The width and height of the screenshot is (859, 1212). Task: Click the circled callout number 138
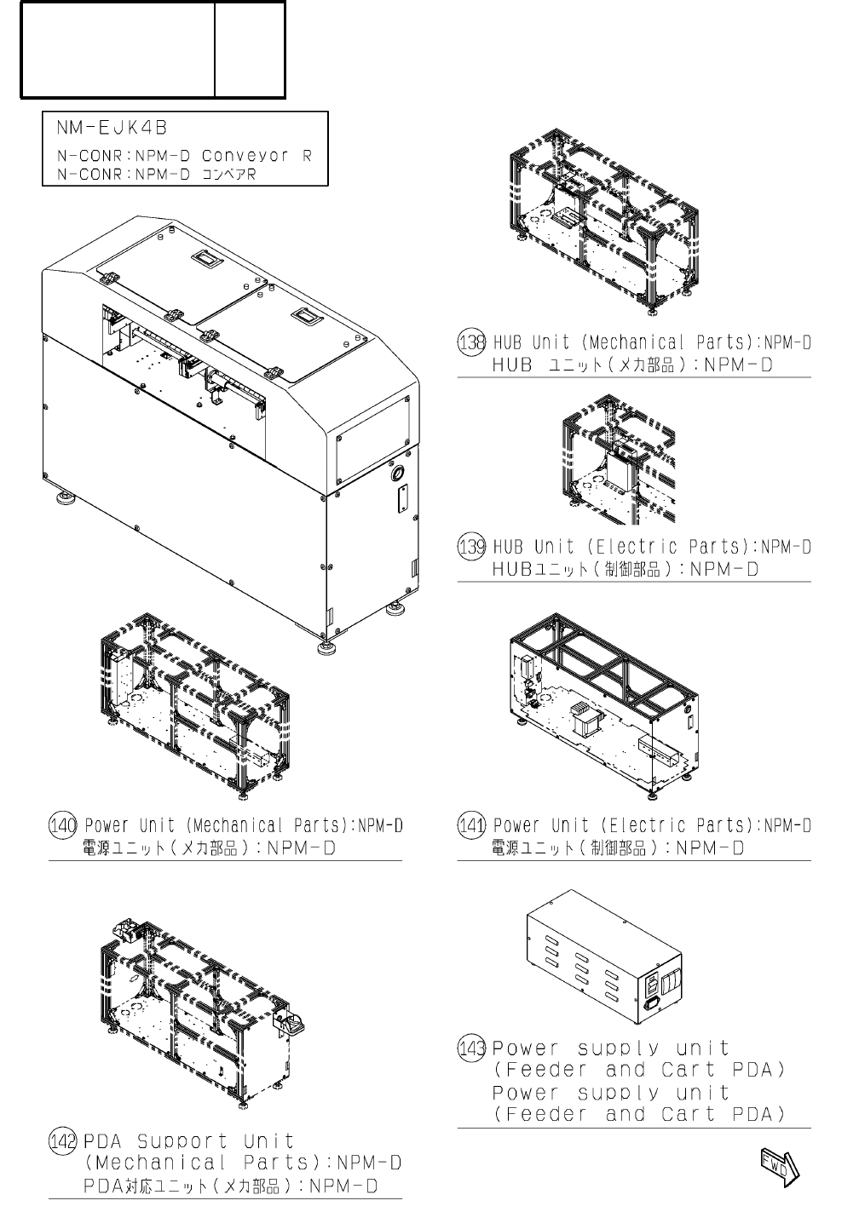pos(472,343)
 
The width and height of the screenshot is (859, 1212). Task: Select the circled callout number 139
pos(472,547)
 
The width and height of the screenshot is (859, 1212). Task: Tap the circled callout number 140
pos(63,825)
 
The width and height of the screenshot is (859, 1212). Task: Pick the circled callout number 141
pos(472,825)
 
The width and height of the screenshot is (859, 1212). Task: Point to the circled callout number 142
pos(63,1141)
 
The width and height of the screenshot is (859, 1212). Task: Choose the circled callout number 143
pos(472,1048)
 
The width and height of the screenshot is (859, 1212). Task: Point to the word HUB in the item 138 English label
pos(509,343)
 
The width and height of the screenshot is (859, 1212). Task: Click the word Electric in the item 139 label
pos(637,547)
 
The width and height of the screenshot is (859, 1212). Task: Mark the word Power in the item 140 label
pos(107,825)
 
